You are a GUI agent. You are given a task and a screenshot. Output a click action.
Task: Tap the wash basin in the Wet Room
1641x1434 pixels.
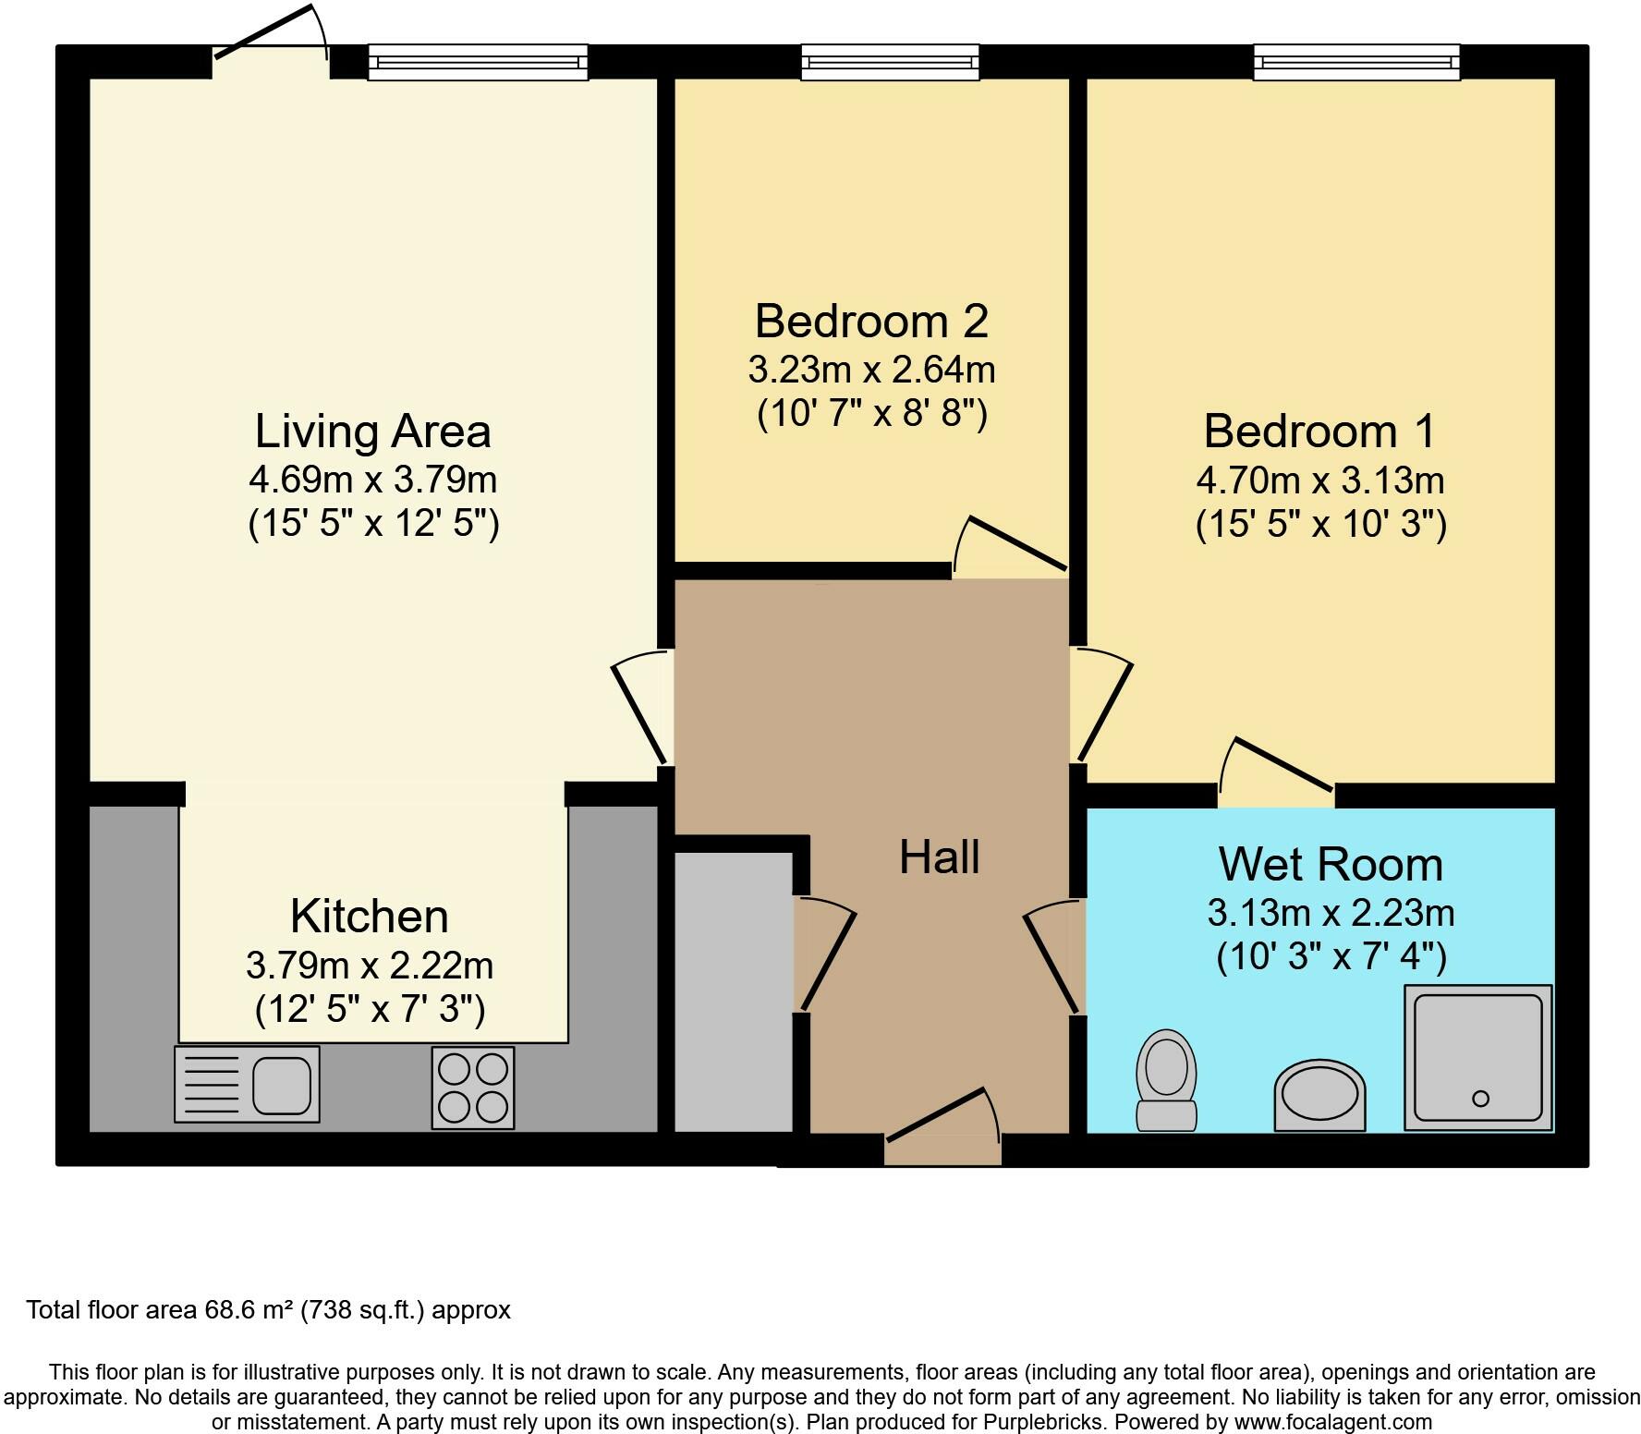point(1319,1096)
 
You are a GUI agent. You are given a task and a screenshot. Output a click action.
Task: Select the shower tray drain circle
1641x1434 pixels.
point(1480,1099)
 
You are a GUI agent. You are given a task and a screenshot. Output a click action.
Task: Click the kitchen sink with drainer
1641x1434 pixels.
point(247,1085)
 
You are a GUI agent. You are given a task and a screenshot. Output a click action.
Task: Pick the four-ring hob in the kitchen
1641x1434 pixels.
point(472,1088)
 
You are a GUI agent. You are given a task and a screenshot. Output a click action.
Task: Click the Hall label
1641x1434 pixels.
point(939,857)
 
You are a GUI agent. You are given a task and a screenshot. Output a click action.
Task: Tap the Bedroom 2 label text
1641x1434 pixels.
point(871,321)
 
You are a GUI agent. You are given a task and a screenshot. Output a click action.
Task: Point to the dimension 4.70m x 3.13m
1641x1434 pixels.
point(1319,480)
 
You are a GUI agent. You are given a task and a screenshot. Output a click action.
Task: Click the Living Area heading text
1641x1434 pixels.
point(372,431)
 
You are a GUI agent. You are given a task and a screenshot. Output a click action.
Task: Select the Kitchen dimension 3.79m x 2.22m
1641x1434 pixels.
point(370,966)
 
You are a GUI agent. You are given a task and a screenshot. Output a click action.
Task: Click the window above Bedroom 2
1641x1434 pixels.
point(889,63)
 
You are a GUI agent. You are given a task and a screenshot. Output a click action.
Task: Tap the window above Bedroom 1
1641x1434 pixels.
point(1355,63)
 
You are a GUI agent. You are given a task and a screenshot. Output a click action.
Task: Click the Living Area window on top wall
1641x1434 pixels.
point(478,63)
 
